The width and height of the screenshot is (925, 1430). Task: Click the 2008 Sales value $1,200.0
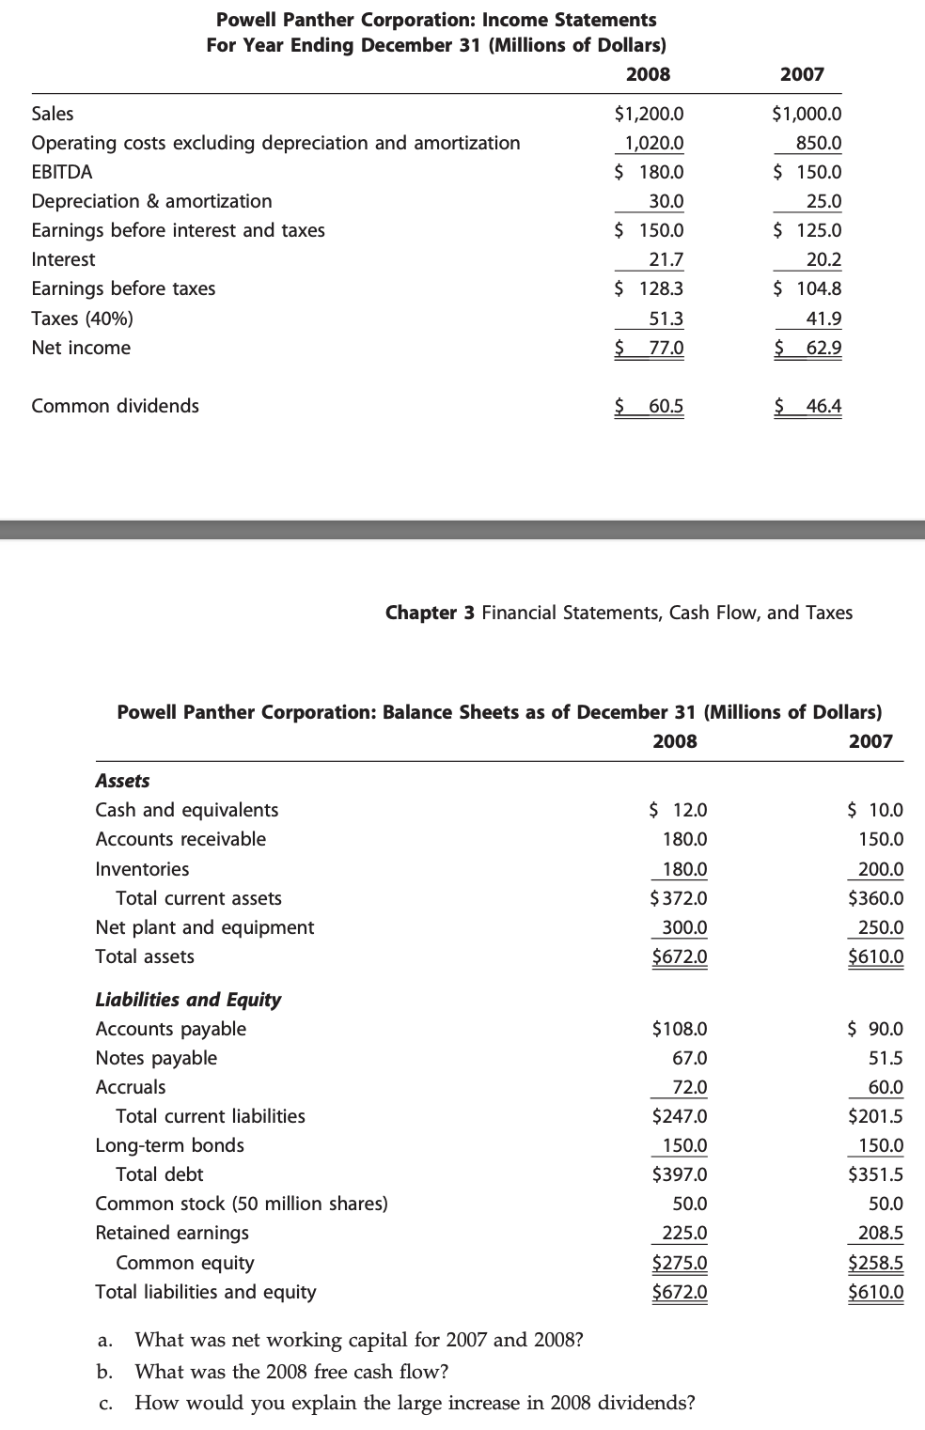(x=649, y=114)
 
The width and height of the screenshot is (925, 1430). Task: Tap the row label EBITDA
(x=62, y=172)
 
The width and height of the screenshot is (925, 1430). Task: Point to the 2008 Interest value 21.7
(x=666, y=259)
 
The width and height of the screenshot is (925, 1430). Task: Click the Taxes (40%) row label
(x=82, y=319)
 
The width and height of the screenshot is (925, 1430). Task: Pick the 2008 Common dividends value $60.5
(x=650, y=406)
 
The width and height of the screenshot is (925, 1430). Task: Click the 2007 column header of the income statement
(x=802, y=74)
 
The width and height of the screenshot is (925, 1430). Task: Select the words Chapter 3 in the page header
(x=430, y=613)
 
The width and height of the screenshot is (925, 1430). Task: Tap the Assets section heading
(x=122, y=781)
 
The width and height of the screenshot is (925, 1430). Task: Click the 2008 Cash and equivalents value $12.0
(x=679, y=810)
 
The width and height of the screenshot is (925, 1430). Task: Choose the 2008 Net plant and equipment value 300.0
(x=684, y=927)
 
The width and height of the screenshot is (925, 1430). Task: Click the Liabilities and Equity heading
(x=188, y=1000)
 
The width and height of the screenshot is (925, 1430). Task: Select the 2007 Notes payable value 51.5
(x=886, y=1058)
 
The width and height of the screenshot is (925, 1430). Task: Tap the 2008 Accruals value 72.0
(x=690, y=1087)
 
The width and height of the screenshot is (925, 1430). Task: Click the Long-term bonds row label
(x=169, y=1145)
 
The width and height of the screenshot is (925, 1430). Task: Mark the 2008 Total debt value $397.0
(x=680, y=1174)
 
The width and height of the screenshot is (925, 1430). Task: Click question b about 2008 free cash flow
(x=291, y=1372)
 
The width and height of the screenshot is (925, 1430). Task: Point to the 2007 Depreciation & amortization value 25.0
(x=823, y=201)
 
